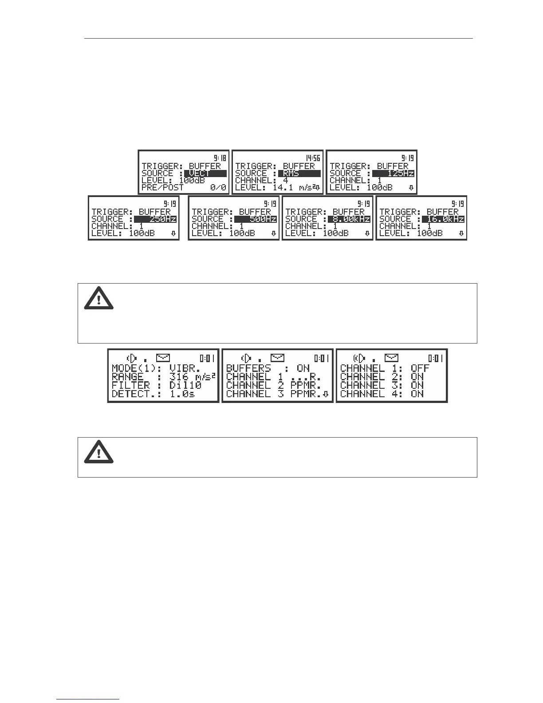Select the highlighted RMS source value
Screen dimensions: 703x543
pyautogui.click(x=299, y=174)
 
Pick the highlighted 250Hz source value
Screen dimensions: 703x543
pyautogui.click(x=155, y=219)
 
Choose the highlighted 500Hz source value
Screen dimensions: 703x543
pyautogui.click(x=255, y=219)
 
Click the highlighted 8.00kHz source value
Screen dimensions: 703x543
pyautogui.click(x=349, y=219)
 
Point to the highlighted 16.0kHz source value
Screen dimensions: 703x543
pyautogui.click(x=443, y=219)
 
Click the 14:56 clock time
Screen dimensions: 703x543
pyautogui.click(x=312, y=158)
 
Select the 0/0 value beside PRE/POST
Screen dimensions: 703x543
pyautogui.click(x=218, y=188)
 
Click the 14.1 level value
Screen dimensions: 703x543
pyautogui.click(x=282, y=188)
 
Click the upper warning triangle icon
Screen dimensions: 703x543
pyautogui.click(x=99, y=298)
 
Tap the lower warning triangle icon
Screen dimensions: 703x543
pyautogui.click(x=99, y=452)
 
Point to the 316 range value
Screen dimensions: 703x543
pyautogui.click(x=179, y=377)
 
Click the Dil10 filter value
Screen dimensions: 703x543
pyautogui.click(x=185, y=385)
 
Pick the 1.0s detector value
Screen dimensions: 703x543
pyautogui.click(x=182, y=394)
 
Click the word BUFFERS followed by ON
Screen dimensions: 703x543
pyautogui.click(x=248, y=368)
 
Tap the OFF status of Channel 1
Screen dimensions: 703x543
pyautogui.click(x=420, y=368)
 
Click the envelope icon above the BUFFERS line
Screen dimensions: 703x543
pyautogui.click(x=277, y=358)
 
